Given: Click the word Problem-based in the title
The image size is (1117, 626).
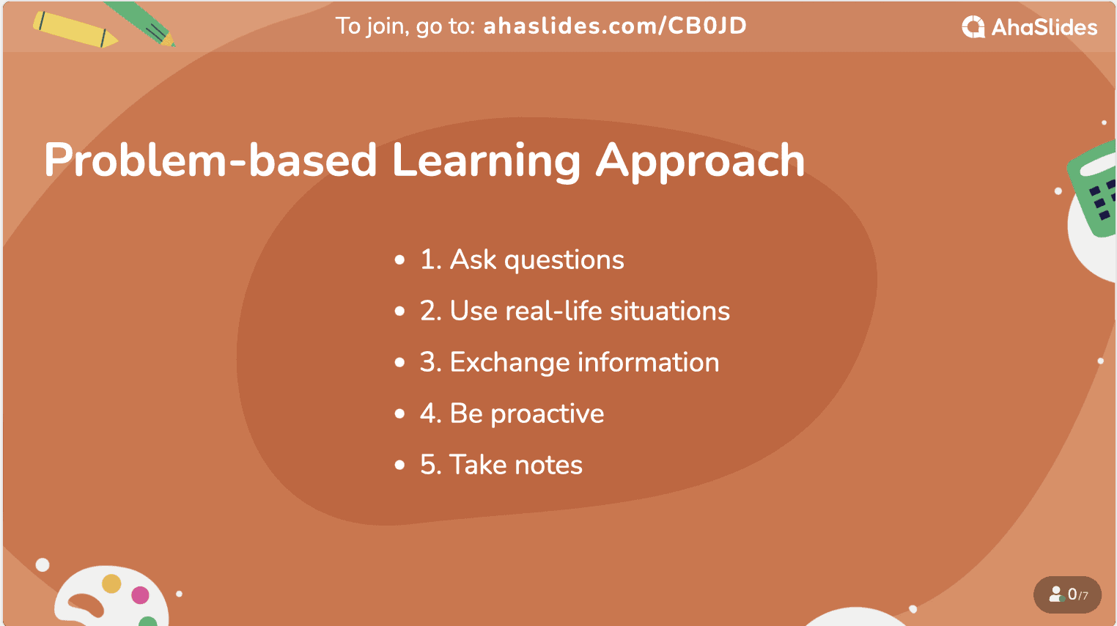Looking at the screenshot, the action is coord(210,160).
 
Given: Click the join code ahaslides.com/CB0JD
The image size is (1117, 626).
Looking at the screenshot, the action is coord(615,26).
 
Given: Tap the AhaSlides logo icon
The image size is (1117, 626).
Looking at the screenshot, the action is coord(973,26).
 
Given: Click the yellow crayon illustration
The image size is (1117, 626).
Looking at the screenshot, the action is coord(75,29).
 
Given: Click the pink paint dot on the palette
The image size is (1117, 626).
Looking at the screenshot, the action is coord(140,594).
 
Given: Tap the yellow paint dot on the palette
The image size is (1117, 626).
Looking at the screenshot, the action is coord(111,583).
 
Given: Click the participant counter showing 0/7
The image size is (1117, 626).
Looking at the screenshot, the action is coord(1067,594).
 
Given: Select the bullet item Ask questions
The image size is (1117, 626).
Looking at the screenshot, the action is coord(522,259).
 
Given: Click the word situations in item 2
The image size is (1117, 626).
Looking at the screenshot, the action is coord(670,311).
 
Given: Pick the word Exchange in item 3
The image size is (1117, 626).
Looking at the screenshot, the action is coord(509,362).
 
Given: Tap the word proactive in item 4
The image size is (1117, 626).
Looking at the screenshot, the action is coord(547,414).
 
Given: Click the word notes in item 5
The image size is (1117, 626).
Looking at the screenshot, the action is coord(548,465).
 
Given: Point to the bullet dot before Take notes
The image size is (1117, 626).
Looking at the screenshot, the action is coord(399,465).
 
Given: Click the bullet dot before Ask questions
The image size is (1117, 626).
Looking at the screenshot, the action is coord(399,259).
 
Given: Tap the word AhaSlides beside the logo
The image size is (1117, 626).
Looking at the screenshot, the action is coord(1044,27).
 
